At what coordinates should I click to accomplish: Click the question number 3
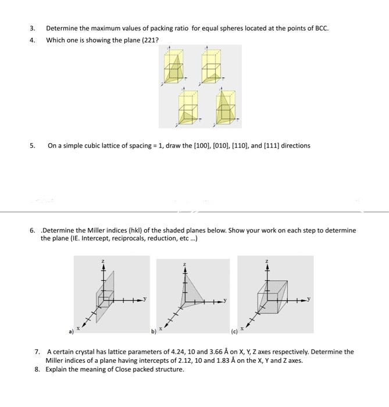pos(33,28)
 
